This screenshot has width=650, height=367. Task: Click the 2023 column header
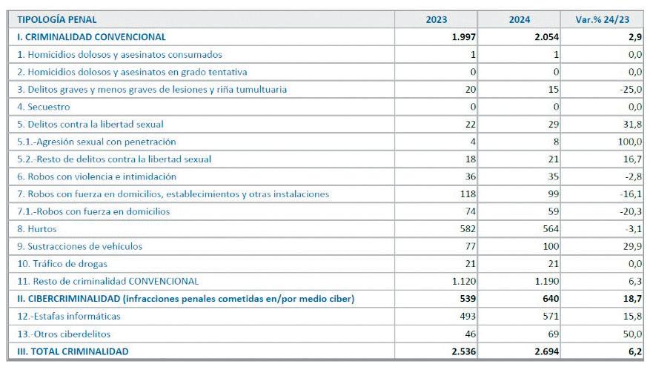pyautogui.click(x=436, y=19)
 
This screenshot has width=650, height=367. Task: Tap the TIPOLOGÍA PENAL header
pyautogui.click(x=57, y=19)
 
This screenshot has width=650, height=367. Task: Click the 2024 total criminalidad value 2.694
pyautogui.click(x=544, y=351)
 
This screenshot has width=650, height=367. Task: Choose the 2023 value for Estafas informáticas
pyautogui.click(x=466, y=317)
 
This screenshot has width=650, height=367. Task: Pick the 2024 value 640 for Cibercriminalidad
pyautogui.click(x=548, y=299)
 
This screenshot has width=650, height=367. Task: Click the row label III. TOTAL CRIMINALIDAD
pyautogui.click(x=73, y=351)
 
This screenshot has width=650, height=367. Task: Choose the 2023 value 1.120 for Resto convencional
pyautogui.click(x=463, y=282)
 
